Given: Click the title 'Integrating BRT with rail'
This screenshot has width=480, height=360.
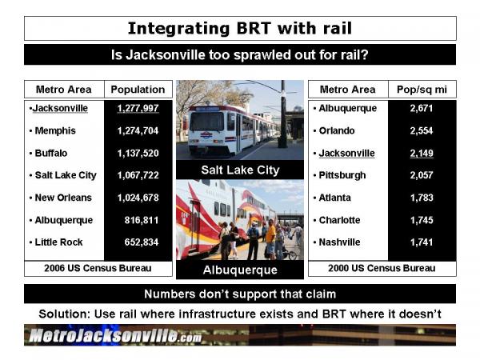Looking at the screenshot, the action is [240, 29].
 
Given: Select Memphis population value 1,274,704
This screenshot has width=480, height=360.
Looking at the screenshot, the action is [138, 130].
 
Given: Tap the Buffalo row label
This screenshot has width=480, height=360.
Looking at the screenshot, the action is [51, 153].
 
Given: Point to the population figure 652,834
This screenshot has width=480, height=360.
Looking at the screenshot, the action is [142, 242].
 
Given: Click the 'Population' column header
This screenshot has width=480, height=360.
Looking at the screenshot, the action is [138, 90].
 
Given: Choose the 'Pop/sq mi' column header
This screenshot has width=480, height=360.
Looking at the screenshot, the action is [422, 90].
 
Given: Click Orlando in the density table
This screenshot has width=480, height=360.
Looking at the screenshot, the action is [337, 130].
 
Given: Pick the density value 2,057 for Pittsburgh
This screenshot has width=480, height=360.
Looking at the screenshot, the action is [422, 175].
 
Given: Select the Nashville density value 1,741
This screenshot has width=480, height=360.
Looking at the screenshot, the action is [422, 242].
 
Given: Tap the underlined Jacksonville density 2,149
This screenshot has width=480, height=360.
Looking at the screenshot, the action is [422, 153].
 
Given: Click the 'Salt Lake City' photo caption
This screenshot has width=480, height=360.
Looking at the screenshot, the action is [240, 170].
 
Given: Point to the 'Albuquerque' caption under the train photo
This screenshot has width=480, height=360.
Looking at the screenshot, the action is [240, 270].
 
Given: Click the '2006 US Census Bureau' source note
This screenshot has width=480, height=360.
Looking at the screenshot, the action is [98, 268].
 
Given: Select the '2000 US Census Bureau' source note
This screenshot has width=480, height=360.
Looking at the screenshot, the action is [382, 268].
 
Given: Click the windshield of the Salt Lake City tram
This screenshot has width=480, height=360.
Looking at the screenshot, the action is [207, 122].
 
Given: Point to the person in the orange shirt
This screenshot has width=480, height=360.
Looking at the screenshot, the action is [270, 238].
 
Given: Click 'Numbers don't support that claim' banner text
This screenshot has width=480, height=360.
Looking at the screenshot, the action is [240, 294].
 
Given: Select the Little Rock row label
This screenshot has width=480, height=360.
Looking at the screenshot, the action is [58, 242].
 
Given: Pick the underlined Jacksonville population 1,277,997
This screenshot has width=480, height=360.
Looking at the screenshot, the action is [138, 108].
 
